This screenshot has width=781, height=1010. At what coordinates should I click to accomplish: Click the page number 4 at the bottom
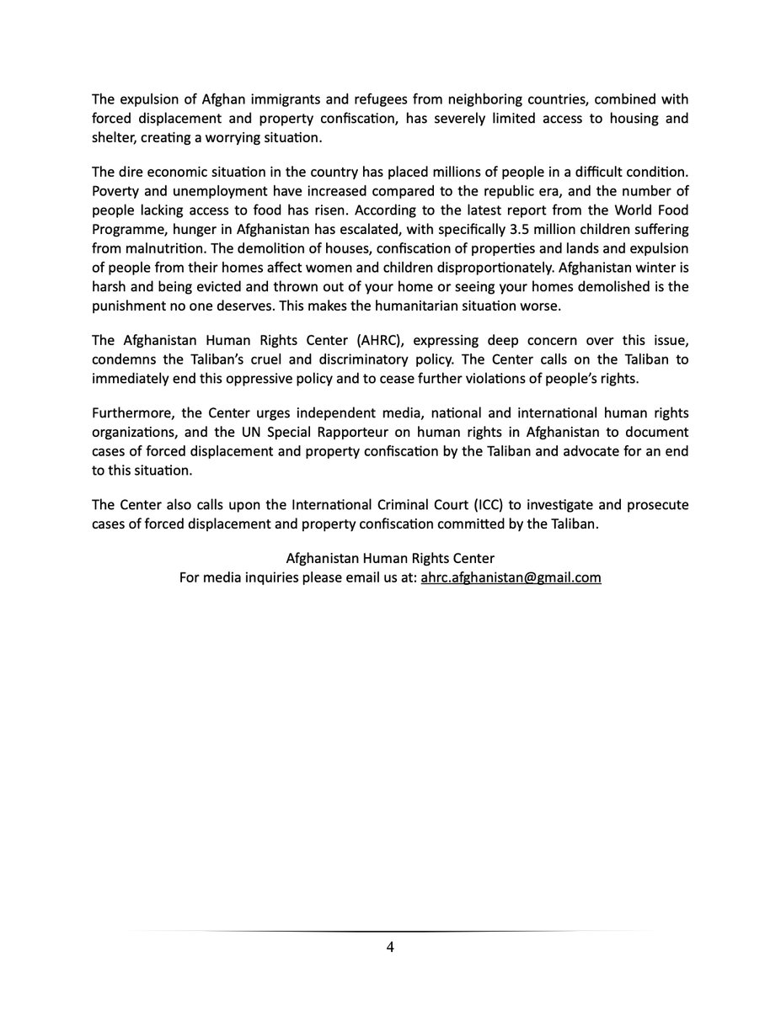pos(390,947)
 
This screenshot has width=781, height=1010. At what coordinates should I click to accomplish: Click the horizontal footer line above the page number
pos(390,931)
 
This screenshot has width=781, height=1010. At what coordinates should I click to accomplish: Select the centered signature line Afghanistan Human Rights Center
pos(390,560)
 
